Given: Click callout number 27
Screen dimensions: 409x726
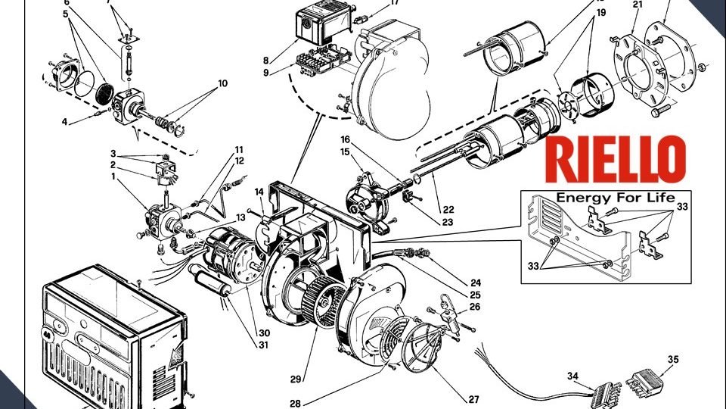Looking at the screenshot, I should click(473, 399).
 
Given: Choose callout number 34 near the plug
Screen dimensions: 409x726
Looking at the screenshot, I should click(572, 376).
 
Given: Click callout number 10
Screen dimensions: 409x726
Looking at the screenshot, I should click(222, 83).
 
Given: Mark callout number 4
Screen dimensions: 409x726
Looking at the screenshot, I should click(64, 121).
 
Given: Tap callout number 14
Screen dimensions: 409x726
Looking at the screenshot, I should click(259, 192).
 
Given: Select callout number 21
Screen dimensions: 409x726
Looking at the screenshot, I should click(637, 5).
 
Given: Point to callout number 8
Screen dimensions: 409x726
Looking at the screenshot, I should click(265, 60).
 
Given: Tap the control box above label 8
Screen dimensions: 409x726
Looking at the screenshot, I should click(319, 24).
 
